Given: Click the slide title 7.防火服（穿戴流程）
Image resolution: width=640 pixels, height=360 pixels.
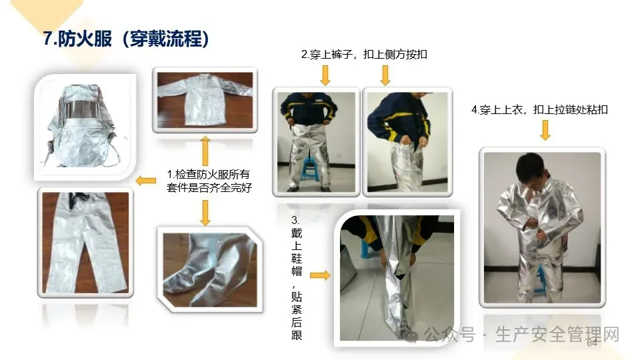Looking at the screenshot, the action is [126, 39].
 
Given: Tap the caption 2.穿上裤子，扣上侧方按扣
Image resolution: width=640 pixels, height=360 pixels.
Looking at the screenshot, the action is [364, 54].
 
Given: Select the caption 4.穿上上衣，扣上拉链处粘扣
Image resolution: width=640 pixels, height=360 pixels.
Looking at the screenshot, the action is [539, 110].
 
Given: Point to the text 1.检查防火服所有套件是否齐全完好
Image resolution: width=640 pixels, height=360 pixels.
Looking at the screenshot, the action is [209, 181].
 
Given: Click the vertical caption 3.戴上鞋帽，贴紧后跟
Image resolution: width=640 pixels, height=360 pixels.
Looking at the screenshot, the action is [297, 278].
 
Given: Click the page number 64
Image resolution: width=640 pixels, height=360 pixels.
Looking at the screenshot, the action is [592, 343].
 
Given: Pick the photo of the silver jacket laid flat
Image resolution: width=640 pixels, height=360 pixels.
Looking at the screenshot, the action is [205, 100].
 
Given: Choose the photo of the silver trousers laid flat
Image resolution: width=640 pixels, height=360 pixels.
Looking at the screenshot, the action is [85, 243].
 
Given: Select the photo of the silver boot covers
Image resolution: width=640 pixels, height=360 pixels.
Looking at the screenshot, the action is [210, 270].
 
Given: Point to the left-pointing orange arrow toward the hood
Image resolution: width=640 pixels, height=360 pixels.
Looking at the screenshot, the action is [145, 180].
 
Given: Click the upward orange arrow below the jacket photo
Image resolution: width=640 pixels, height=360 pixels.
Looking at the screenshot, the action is [205, 151].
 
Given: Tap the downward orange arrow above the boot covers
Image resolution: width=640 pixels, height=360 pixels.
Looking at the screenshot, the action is [205, 213].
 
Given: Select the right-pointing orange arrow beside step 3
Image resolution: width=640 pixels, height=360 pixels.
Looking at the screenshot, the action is [320, 275].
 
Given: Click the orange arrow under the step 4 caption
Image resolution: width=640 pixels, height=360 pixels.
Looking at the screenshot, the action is [545, 131].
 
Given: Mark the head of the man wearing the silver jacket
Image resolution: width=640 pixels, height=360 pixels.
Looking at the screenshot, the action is [531, 170].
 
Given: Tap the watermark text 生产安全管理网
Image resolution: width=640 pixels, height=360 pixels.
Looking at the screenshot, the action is [557, 335].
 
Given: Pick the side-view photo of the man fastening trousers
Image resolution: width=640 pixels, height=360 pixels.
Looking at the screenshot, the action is [407, 142].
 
